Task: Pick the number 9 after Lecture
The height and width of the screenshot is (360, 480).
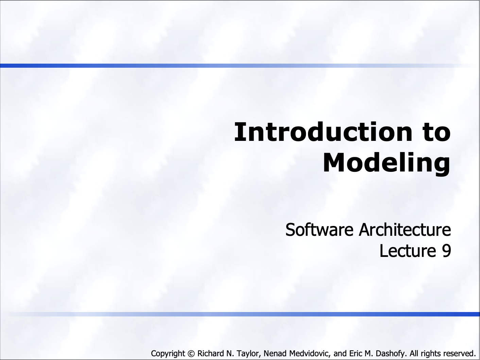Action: click(x=446, y=251)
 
